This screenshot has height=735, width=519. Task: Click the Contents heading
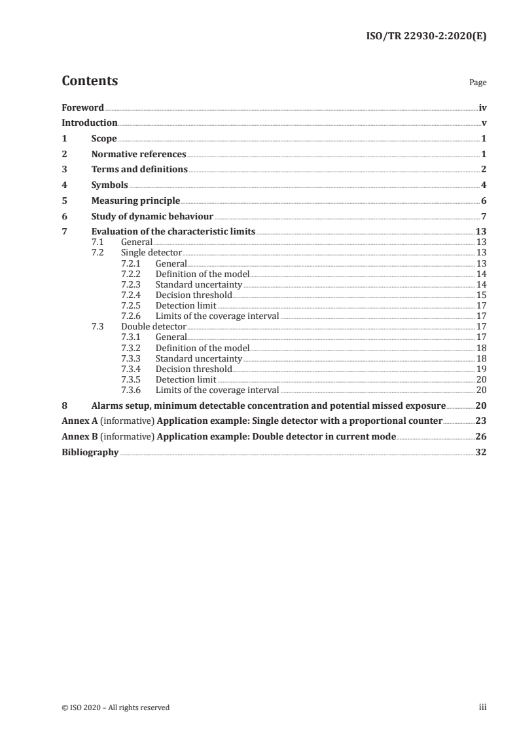90,81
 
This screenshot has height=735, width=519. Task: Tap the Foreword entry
82,107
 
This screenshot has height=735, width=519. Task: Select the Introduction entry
90,123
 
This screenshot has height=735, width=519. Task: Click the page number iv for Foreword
482,107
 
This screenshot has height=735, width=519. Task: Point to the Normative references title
139,155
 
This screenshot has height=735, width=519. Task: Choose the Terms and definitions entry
139,170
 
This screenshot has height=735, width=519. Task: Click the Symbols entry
109,185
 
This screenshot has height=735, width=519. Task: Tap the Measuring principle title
135,201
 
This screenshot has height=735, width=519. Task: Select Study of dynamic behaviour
152,217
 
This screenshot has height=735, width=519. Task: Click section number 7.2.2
132,274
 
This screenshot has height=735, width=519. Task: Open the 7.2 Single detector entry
151,252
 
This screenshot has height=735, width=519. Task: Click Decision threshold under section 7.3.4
193,369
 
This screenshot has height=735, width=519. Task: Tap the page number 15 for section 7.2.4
481,295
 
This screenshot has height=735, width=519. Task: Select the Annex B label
79,436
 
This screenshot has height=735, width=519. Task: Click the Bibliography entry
90,452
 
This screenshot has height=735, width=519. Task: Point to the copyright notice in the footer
115,707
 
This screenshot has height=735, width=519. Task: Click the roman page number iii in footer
482,707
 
